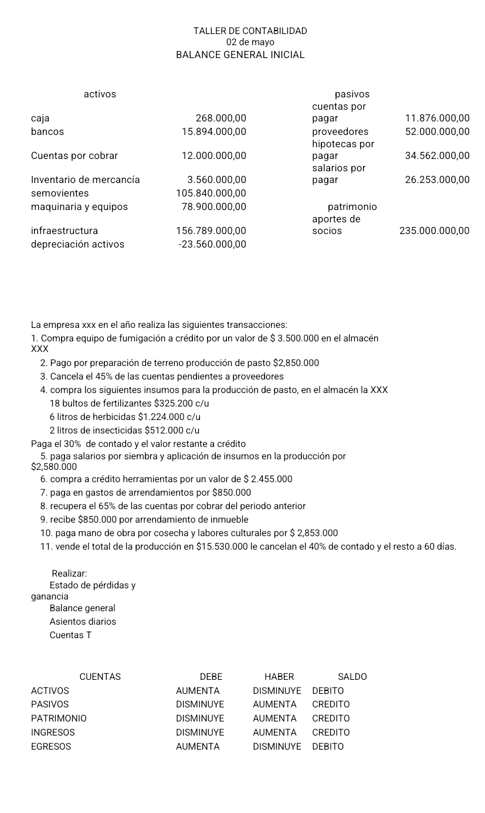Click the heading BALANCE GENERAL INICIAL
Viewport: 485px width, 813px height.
(240, 55)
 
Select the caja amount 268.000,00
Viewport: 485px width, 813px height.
(221, 118)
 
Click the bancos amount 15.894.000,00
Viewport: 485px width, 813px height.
(213, 132)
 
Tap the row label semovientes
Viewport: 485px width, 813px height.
(60, 194)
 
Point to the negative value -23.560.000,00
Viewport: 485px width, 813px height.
(212, 245)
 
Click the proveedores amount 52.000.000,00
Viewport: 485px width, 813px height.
(437, 132)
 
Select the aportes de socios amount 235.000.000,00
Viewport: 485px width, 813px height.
(434, 231)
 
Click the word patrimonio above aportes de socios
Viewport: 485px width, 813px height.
(352, 207)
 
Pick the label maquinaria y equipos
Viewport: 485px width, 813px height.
(79, 207)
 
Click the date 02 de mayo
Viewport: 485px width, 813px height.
(250, 42)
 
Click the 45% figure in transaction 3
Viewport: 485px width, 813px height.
(109, 377)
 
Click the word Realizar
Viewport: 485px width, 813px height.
(69, 573)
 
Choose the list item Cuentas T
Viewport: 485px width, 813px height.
(70, 635)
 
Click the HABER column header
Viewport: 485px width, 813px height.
(279, 677)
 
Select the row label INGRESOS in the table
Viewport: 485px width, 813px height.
(53, 733)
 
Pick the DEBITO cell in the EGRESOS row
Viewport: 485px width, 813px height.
(328, 747)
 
